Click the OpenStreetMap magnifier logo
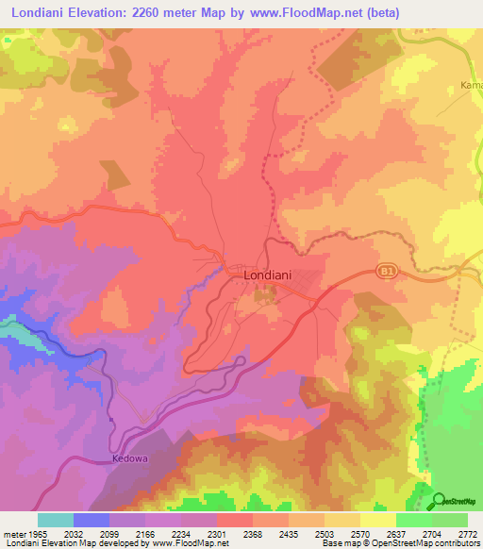click(x=439, y=501)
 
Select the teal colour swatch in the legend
click(x=56, y=520)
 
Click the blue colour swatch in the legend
click(x=92, y=520)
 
